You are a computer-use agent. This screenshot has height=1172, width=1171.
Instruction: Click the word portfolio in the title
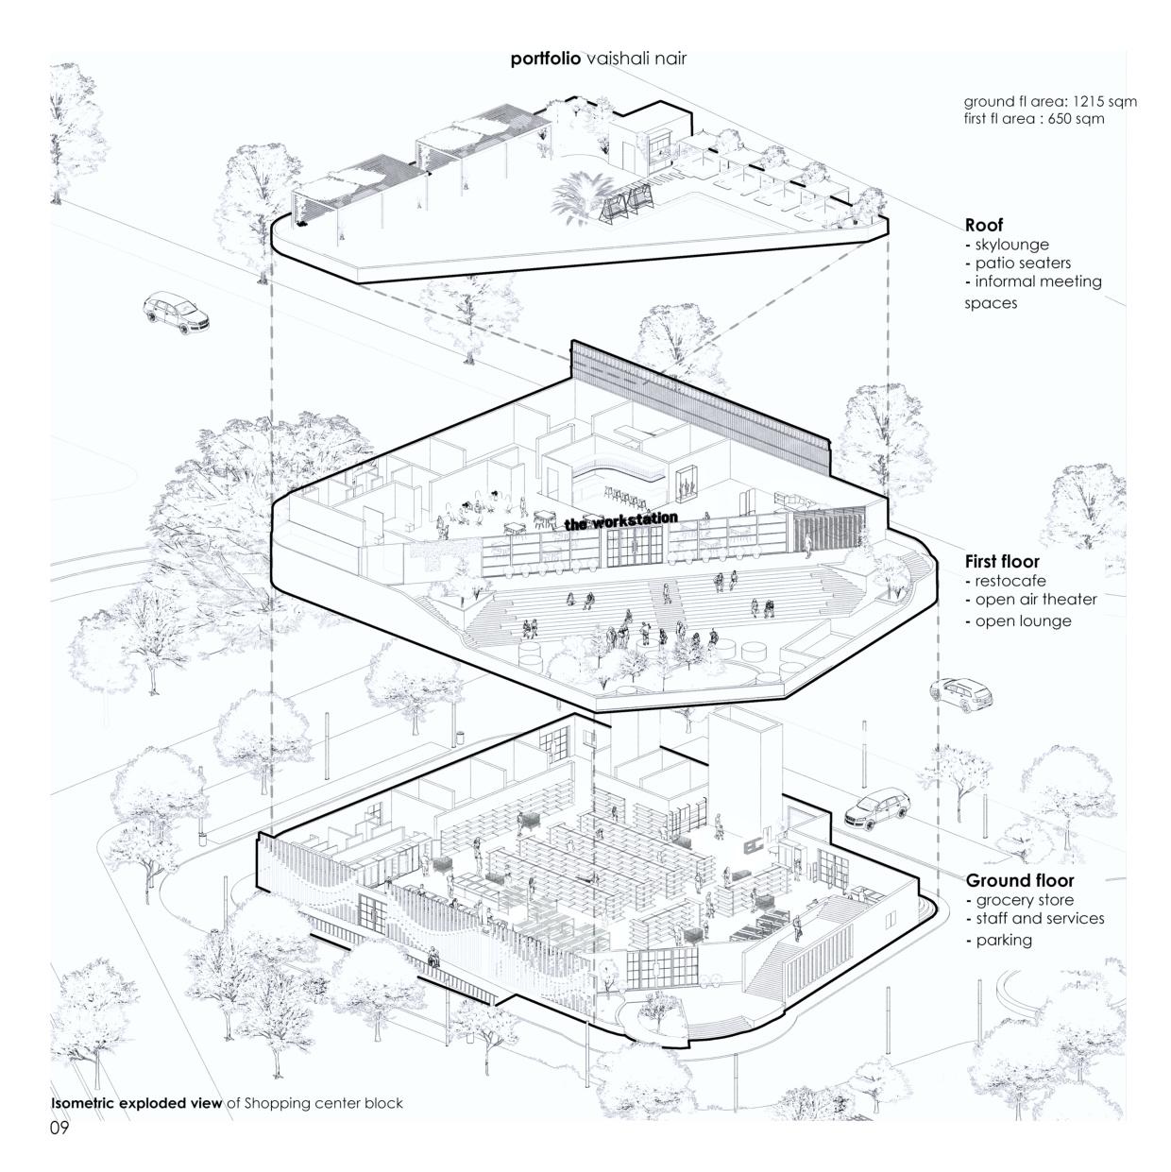545,59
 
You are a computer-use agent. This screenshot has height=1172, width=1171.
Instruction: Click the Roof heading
983,226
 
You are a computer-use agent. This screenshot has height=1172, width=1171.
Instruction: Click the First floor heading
1002,562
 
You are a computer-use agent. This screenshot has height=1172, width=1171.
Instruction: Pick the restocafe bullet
1010,581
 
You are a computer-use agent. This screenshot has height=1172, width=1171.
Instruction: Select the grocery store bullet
1024,900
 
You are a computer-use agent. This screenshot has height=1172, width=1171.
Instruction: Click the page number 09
60,1128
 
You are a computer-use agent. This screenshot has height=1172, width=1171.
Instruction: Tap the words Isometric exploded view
137,1103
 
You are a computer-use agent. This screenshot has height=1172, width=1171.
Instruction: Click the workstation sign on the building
620,520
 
